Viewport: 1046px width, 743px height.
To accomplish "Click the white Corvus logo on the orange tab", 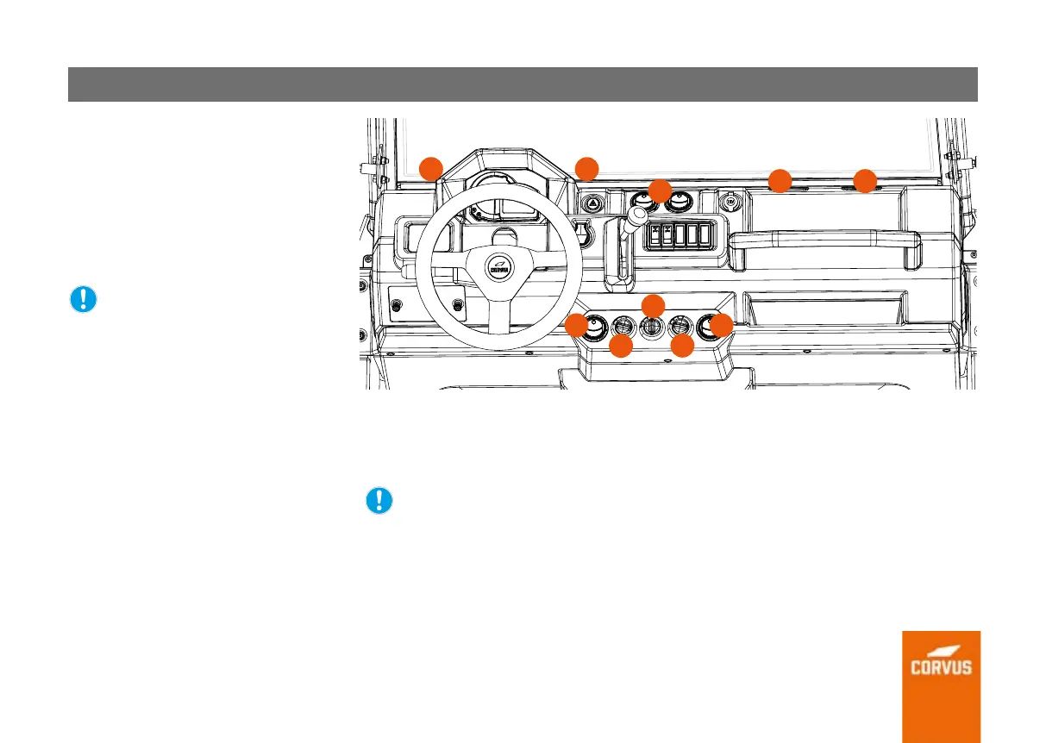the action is click(x=941, y=666).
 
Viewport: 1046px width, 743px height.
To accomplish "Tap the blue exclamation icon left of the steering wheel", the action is click(x=83, y=299).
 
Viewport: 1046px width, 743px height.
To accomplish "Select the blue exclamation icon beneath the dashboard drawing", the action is click(x=379, y=501).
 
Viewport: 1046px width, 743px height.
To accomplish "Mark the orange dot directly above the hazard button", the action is click(x=586, y=168).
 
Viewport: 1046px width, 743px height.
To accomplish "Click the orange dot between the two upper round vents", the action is click(x=660, y=191).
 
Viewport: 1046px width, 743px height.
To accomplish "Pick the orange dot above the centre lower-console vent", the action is click(x=654, y=304).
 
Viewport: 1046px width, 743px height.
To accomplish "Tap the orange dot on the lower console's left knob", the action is click(x=576, y=325).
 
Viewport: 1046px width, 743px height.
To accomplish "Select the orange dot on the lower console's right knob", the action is click(x=722, y=325).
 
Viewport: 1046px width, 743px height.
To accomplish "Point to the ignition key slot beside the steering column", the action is click(x=580, y=231).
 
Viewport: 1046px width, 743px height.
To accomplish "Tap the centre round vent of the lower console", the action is click(x=652, y=327).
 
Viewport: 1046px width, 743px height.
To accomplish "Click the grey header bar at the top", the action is click(x=523, y=84).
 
